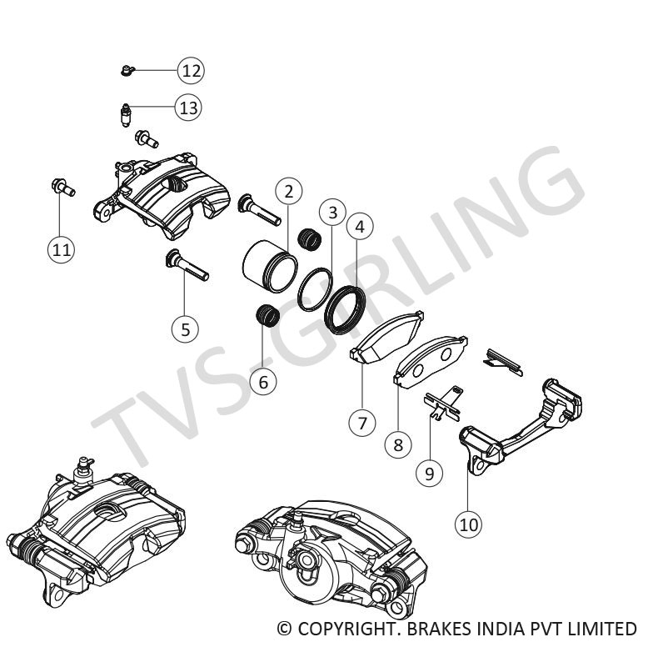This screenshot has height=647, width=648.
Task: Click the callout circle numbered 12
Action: click(x=192, y=70)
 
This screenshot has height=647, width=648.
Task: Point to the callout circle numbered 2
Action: click(x=288, y=191)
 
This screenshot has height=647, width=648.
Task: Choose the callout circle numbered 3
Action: click(x=332, y=213)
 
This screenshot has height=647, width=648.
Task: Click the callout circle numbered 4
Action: click(x=361, y=225)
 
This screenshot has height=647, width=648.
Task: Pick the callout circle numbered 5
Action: click(x=185, y=329)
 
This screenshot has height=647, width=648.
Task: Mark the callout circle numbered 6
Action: click(x=263, y=383)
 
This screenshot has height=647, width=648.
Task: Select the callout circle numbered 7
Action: click(x=362, y=422)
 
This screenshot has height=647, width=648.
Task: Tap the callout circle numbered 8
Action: click(x=398, y=444)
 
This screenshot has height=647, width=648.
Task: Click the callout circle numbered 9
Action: click(x=429, y=474)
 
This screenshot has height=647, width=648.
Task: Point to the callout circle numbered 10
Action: click(x=468, y=524)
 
